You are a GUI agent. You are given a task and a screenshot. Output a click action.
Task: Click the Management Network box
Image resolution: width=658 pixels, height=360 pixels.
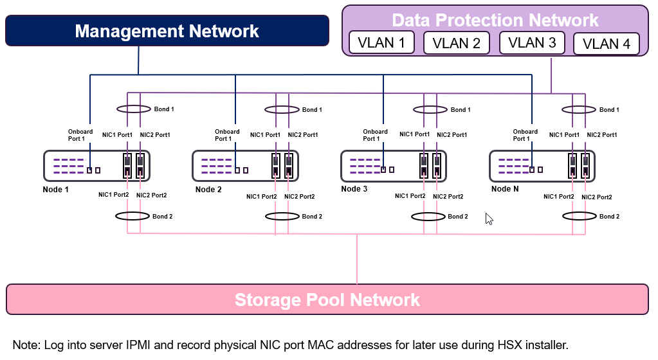pyautogui.click(x=167, y=31)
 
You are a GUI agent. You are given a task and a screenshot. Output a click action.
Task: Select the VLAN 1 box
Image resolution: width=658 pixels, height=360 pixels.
pyautogui.click(x=381, y=44)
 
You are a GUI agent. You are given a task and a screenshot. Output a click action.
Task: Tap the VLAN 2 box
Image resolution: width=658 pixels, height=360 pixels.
pyautogui.click(x=457, y=44)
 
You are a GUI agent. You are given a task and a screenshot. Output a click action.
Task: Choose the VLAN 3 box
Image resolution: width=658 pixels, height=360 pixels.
pyautogui.click(x=532, y=43)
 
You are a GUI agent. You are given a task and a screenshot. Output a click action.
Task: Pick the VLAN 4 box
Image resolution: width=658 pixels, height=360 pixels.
pyautogui.click(x=606, y=44)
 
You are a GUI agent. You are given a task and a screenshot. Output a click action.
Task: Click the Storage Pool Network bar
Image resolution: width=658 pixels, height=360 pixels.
pyautogui.click(x=327, y=300)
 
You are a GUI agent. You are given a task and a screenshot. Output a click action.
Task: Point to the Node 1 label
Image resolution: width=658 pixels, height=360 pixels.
pyautogui.click(x=55, y=190)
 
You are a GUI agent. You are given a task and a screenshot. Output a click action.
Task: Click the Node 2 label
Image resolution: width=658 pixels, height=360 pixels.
pyautogui.click(x=208, y=190)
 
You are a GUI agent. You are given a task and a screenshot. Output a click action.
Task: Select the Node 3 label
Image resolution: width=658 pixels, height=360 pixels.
pyautogui.click(x=354, y=189)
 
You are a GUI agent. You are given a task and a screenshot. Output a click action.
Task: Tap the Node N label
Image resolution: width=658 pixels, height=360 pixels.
pyautogui.click(x=505, y=189)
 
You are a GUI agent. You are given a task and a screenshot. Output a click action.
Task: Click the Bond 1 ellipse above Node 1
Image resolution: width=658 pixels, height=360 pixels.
pyautogui.click(x=133, y=109)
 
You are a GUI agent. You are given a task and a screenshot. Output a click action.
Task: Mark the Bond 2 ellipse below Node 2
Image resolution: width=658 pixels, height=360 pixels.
pyautogui.click(x=282, y=216)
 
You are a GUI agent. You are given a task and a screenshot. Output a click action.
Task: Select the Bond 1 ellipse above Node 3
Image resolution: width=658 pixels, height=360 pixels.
pyautogui.click(x=430, y=109)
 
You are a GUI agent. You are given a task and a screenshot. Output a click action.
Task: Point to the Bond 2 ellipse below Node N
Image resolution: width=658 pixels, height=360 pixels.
pyautogui.click(x=578, y=216)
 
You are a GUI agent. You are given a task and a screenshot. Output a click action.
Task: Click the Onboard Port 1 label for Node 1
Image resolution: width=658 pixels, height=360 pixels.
pyautogui.click(x=80, y=135)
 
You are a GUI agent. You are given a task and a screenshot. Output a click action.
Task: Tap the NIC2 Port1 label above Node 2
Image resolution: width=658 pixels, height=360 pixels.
pyautogui.click(x=302, y=135)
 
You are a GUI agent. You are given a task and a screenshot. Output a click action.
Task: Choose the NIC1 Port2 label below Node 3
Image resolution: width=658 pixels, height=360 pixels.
pyautogui.click(x=410, y=196)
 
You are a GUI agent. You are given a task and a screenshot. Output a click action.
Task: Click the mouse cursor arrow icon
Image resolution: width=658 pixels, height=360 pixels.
pyautogui.click(x=489, y=219)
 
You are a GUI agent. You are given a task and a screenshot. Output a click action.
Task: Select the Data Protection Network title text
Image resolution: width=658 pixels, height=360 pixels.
pyautogui.click(x=495, y=20)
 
